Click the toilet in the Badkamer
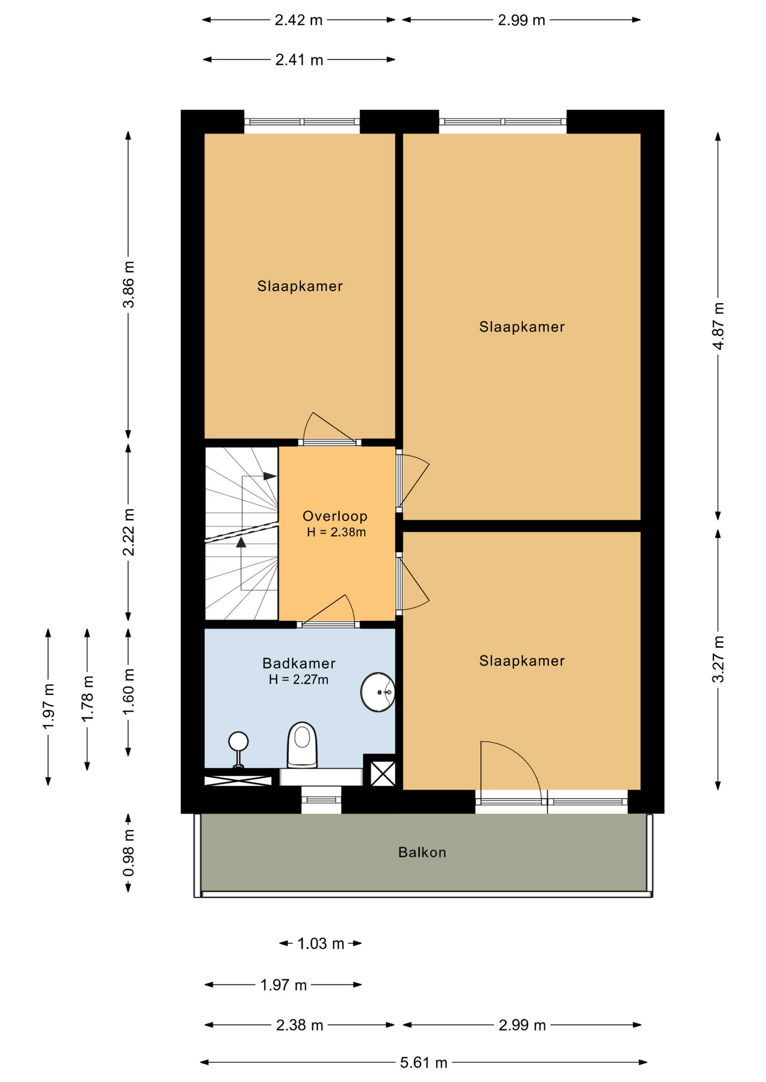(x=302, y=745)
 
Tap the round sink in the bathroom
(x=378, y=692)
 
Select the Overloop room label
(x=335, y=516)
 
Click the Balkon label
(x=422, y=852)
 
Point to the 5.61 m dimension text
(x=424, y=1063)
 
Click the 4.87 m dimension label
(x=718, y=326)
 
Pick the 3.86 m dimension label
(x=129, y=285)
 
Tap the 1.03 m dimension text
(x=320, y=943)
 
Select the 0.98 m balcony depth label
(x=129, y=853)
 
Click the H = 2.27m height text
(x=298, y=680)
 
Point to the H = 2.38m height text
(x=336, y=532)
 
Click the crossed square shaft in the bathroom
(x=382, y=773)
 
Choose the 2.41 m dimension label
(x=299, y=60)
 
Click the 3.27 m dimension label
(x=718, y=659)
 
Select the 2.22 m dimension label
(x=129, y=532)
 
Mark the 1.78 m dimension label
(x=87, y=698)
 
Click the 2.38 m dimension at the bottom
(x=300, y=1025)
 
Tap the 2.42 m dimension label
(x=298, y=20)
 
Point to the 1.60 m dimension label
(x=129, y=691)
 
